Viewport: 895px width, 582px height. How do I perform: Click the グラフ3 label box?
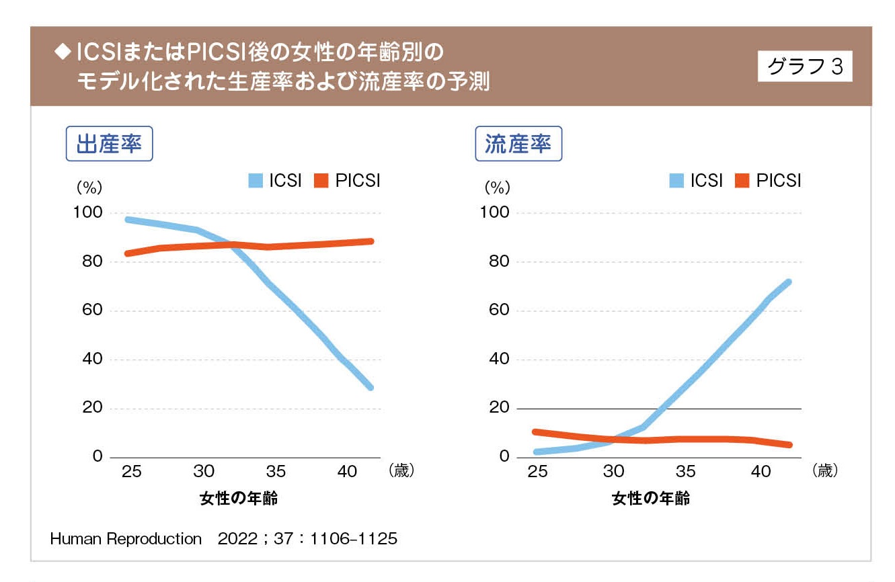[804, 67]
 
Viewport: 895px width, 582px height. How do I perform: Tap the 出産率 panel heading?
[109, 144]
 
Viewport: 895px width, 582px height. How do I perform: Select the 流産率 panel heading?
[518, 144]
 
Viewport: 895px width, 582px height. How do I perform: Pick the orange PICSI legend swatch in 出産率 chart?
[321, 181]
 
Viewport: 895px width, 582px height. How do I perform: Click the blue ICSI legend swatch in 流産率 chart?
[677, 181]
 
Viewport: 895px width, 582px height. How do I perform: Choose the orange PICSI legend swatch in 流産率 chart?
[742, 181]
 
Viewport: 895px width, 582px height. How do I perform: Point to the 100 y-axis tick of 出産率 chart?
[88, 213]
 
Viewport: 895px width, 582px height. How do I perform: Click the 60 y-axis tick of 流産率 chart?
[500, 310]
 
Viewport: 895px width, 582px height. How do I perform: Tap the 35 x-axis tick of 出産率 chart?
[276, 472]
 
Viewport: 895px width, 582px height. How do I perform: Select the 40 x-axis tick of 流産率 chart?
[761, 472]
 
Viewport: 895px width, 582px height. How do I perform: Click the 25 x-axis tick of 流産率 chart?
[537, 472]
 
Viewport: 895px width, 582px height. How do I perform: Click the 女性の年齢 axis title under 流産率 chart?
[651, 499]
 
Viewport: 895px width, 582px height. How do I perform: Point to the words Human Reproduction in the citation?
[126, 539]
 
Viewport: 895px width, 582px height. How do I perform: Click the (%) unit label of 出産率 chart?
[87, 186]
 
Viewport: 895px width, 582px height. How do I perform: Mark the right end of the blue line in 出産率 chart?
[371, 388]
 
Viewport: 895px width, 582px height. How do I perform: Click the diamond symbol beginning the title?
[62, 51]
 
